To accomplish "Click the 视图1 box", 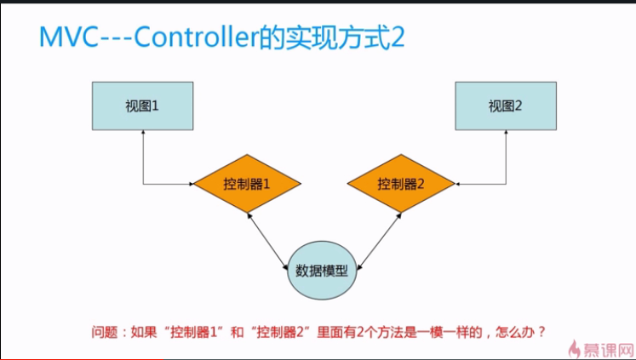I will click(x=143, y=106).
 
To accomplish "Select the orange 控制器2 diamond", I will click(x=401, y=183).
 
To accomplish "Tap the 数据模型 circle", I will click(x=321, y=271).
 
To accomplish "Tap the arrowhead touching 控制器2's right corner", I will click(x=458, y=183).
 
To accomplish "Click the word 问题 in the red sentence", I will click(x=104, y=332).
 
